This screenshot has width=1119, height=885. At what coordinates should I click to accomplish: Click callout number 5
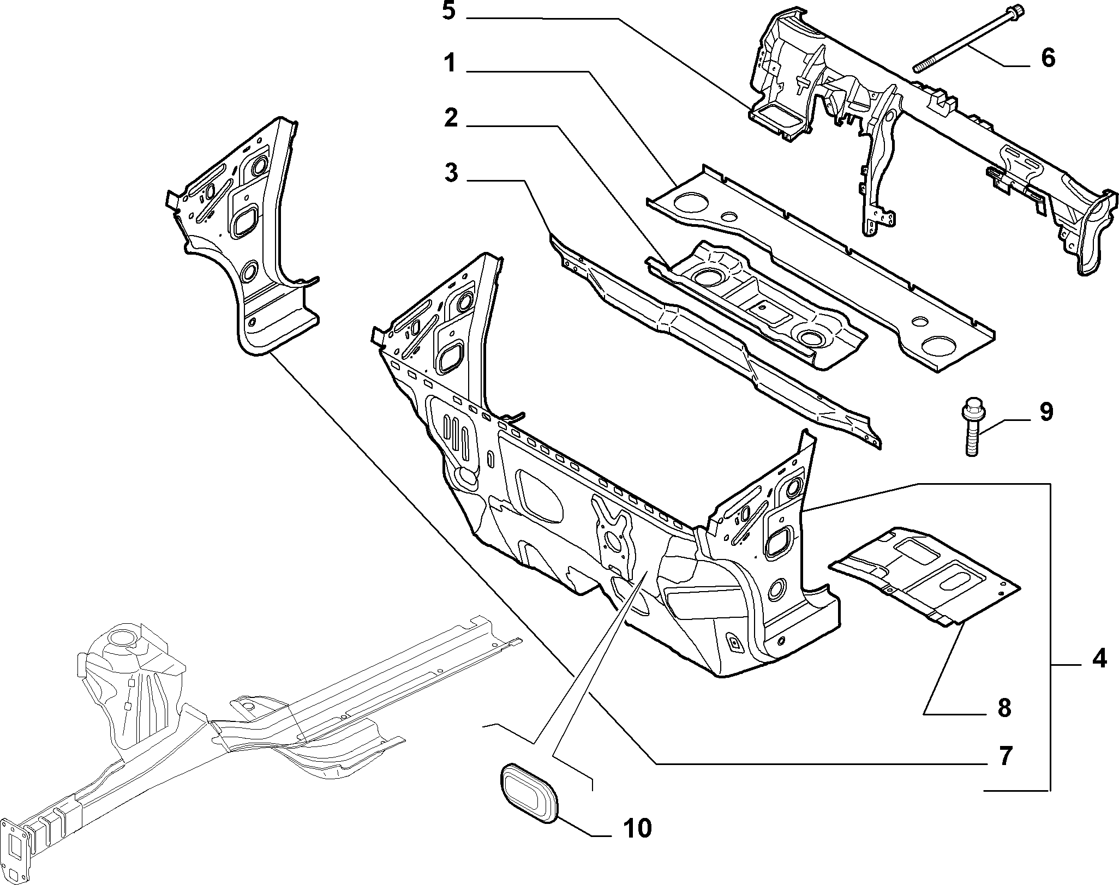click(448, 11)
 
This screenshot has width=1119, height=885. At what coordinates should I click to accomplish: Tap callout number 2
click(450, 118)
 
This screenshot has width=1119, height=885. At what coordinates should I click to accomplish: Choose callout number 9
click(1045, 413)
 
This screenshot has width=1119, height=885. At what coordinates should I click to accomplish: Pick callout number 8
click(1004, 708)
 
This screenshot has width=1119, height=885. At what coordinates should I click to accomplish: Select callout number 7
click(1004, 756)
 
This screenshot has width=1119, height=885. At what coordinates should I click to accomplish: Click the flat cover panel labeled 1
click(818, 262)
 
